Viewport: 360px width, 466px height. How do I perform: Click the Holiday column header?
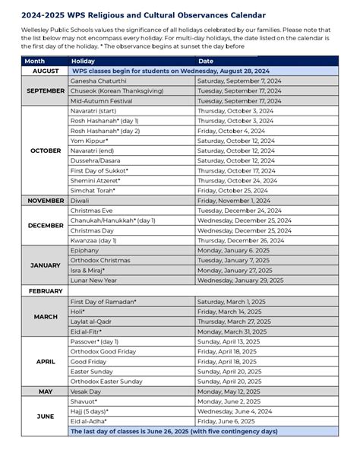point(83,60)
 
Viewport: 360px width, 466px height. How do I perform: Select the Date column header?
point(206,60)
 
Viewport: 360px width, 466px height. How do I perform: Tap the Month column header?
point(35,60)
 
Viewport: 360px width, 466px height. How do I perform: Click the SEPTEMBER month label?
point(46,90)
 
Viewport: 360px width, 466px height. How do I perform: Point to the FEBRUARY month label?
point(46,291)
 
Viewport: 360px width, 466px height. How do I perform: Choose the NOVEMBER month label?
point(46,201)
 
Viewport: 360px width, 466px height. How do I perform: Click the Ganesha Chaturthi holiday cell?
point(99,80)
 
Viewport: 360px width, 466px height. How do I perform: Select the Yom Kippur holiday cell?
point(90,141)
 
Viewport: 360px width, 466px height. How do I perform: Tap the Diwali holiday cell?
point(81,201)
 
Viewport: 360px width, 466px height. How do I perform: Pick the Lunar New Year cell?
point(93,280)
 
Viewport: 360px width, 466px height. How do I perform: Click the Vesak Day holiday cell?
point(87,391)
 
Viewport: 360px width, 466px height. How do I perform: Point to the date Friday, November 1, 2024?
point(235,201)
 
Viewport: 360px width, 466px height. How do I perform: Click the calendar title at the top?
point(133,14)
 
